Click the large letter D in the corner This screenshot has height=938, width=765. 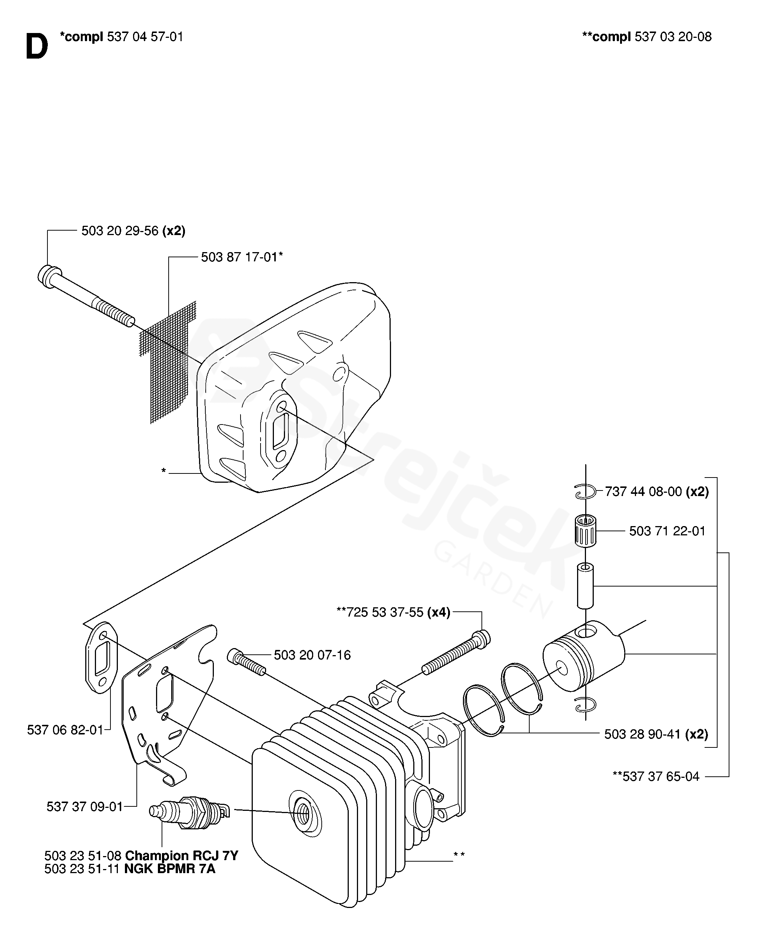coord(37,47)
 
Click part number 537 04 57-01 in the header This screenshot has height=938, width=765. coord(145,37)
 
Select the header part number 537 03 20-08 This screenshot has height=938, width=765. coord(673,37)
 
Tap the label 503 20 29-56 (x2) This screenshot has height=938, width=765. coord(133,231)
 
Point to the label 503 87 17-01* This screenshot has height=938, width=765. coord(242,257)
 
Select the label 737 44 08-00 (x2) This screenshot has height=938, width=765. coord(657,492)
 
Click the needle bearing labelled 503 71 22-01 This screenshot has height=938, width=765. coord(586,530)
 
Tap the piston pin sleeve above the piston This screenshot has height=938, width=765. coord(585,586)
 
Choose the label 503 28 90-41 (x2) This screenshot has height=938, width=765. coord(656,734)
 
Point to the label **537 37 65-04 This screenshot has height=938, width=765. coord(656,776)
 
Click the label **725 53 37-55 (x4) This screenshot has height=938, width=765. coord(393,612)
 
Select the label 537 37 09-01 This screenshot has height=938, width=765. coord(85,807)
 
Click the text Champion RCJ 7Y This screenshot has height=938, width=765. coord(182,856)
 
